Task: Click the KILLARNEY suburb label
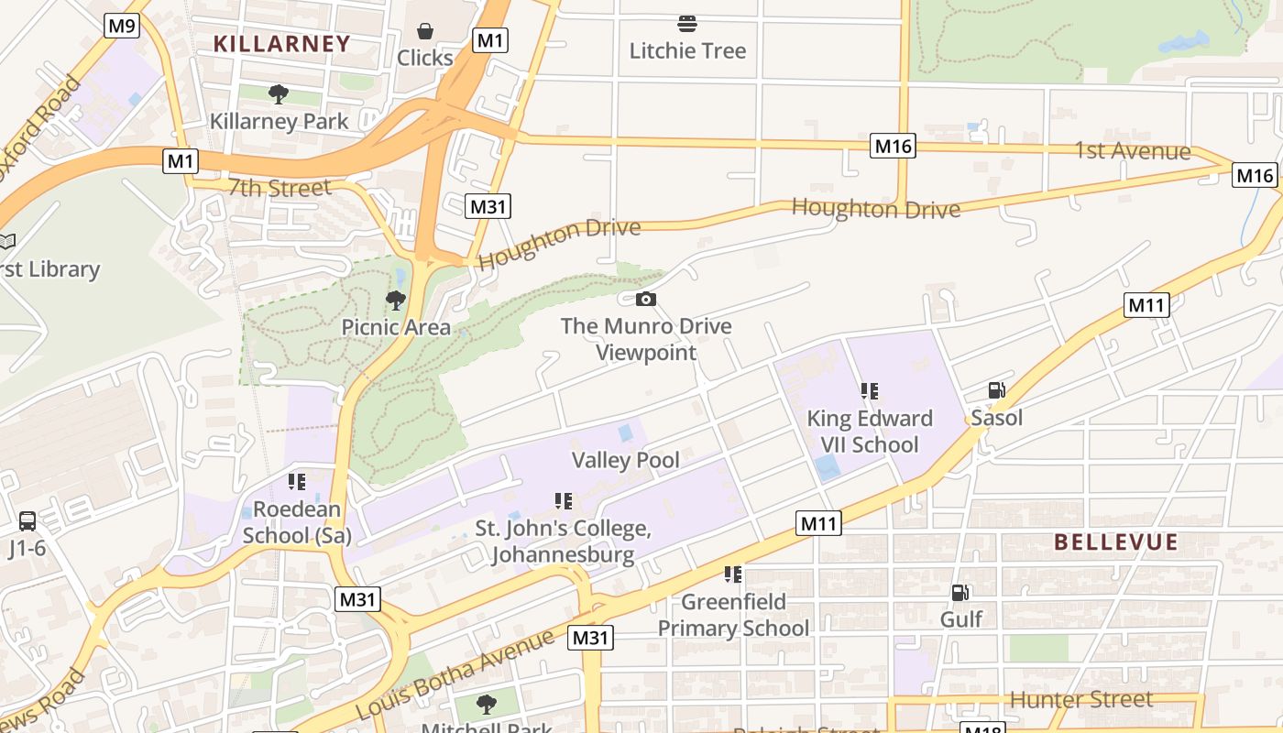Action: [282, 43]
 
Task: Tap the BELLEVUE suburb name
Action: [1115, 542]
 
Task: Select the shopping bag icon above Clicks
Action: [425, 32]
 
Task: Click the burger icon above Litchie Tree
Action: [687, 24]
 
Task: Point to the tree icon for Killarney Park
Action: [279, 93]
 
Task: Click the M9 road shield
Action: [122, 25]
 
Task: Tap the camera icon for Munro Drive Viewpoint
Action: [646, 299]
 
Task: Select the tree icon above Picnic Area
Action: [396, 300]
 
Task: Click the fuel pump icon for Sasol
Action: [996, 391]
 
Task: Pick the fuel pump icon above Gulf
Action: [960, 593]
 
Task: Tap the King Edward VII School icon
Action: [869, 391]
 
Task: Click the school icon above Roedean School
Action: [296, 482]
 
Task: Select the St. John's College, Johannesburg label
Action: [563, 542]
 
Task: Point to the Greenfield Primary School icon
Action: [733, 574]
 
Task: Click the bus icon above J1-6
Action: [27, 521]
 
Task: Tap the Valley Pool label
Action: [626, 459]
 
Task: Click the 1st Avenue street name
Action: [1133, 151]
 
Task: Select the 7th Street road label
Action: [279, 188]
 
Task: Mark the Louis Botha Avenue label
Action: [455, 675]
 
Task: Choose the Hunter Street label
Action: [1080, 700]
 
